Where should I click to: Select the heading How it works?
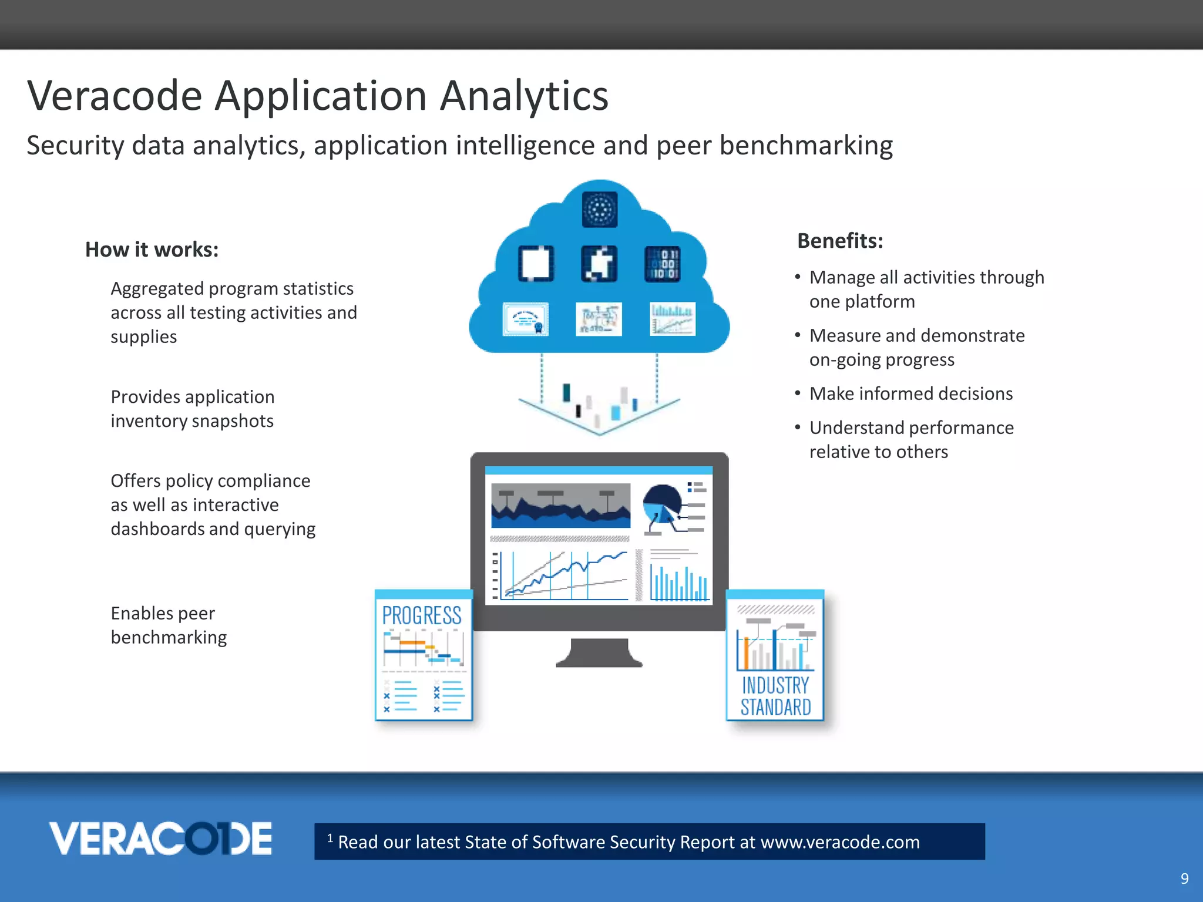pos(152,250)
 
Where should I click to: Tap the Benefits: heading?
pos(840,241)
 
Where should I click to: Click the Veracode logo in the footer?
pos(160,839)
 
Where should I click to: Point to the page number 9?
pos(1184,879)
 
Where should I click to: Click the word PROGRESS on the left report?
pos(422,615)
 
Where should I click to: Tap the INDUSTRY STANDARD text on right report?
pos(775,696)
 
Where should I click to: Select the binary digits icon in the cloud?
pos(663,264)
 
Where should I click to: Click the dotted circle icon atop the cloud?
pos(600,209)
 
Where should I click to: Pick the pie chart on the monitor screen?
pos(662,503)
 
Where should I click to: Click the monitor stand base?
pos(599,655)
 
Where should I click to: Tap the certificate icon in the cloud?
pos(526,319)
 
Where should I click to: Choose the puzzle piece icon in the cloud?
pos(599,264)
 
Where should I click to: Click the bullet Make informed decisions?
pos(910,393)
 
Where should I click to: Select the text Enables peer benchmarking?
pos(169,625)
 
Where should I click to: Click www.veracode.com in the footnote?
pos(840,842)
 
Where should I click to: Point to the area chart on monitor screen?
pos(560,506)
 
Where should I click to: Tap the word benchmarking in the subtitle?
pos(806,146)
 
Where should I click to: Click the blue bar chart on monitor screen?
pos(679,583)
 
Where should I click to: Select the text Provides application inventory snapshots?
pos(192,409)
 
